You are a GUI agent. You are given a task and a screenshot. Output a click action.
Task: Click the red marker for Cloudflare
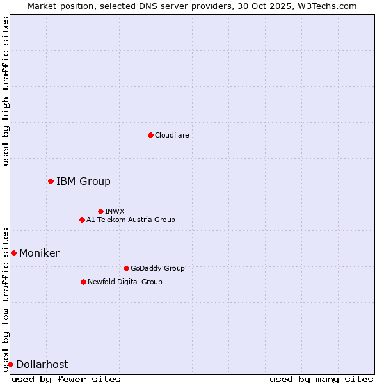(150, 135)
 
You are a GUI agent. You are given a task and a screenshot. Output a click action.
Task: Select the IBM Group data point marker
(51, 181)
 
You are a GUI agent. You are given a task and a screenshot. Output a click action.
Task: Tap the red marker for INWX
(100, 211)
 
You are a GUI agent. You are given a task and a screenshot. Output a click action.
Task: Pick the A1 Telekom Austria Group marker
(82, 220)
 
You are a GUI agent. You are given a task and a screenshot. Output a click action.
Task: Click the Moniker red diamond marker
(13, 253)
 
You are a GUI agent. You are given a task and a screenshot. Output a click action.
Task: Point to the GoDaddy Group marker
(126, 268)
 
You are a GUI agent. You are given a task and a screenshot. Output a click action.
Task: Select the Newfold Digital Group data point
(83, 282)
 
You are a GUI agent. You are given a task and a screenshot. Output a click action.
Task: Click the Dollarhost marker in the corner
(10, 364)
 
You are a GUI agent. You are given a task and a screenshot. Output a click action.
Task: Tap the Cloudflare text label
(172, 135)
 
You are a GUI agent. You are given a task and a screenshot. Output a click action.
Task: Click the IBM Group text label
(83, 181)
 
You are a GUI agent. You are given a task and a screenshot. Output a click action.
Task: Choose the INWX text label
(115, 211)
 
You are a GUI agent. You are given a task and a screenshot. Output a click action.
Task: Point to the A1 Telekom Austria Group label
(131, 220)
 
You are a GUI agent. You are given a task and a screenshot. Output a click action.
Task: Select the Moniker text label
(39, 253)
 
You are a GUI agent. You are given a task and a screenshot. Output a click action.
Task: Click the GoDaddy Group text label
(157, 268)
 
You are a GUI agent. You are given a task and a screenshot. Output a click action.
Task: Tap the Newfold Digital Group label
(125, 282)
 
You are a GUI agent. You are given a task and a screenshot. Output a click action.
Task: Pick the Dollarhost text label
(42, 364)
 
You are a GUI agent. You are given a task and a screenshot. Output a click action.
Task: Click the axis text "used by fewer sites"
(66, 379)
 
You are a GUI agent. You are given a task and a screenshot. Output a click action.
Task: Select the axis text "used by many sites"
(321, 379)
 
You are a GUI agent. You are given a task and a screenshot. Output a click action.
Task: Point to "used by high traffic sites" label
(6, 91)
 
